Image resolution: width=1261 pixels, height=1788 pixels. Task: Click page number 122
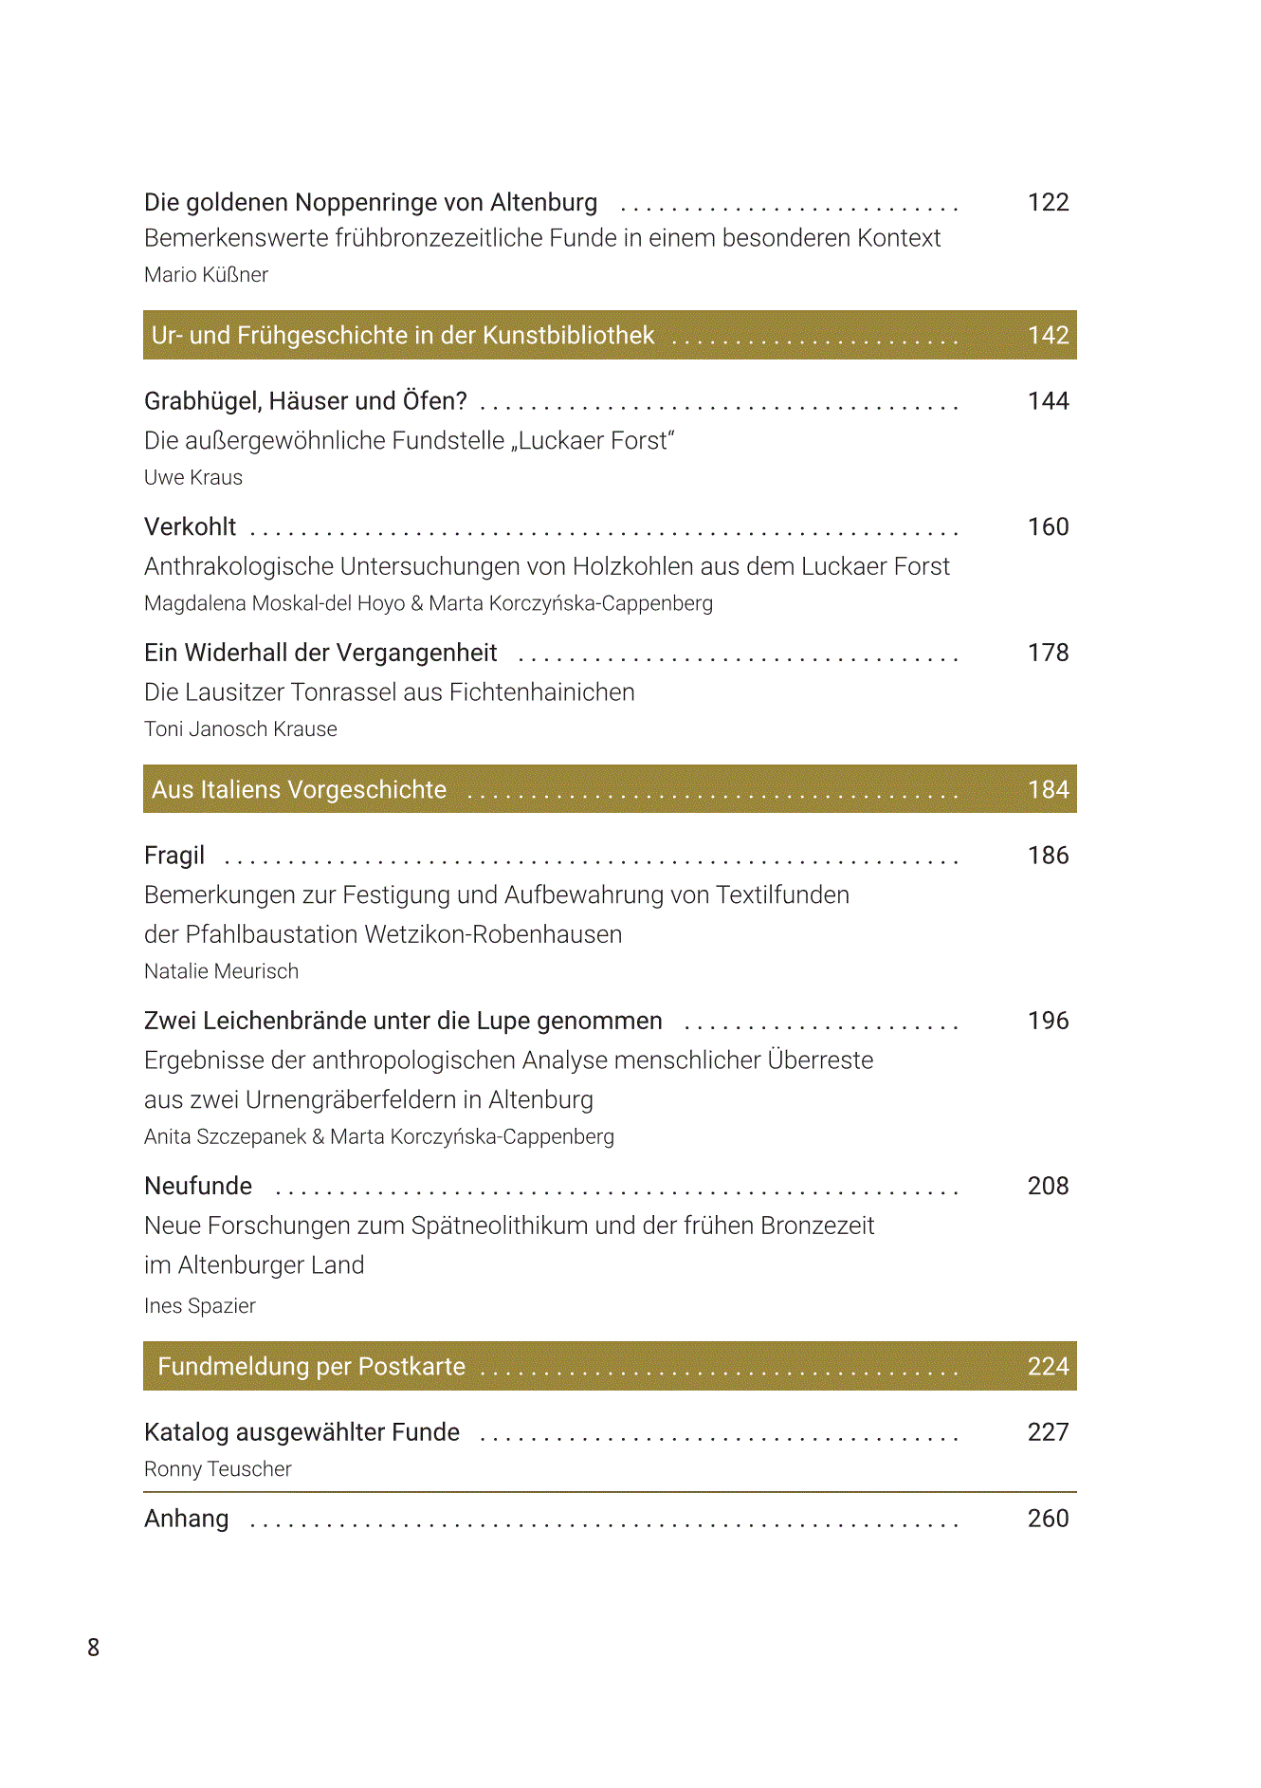[1048, 202]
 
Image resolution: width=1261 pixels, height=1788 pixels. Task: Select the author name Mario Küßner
[206, 275]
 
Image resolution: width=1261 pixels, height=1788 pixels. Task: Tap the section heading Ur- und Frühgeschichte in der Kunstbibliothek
[403, 336]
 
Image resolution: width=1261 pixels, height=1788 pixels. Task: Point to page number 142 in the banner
[1048, 336]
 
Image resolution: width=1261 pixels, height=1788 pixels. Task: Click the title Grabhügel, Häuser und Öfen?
[305, 401]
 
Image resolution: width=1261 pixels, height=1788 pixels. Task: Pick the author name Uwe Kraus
[193, 478]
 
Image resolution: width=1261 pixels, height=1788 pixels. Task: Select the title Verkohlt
[190, 527]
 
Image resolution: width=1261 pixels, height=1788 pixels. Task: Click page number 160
[1048, 527]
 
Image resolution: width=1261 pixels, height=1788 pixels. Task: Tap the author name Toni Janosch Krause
[241, 729]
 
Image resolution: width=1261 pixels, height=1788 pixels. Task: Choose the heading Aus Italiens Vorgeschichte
[299, 790]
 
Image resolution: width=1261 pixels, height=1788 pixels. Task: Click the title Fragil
[174, 856]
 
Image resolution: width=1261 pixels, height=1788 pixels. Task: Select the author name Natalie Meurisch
[221, 971]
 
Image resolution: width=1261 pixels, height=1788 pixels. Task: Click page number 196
[1048, 1021]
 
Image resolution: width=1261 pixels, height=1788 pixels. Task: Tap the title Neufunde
[198, 1186]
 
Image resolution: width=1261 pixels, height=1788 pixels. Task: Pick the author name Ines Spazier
[200, 1306]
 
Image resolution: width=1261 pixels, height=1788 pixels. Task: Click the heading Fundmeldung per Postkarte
[311, 1367]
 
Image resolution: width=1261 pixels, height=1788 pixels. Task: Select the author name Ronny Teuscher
[217, 1469]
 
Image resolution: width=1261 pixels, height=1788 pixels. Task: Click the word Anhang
[186, 1519]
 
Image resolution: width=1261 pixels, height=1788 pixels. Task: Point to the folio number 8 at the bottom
[93, 1648]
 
